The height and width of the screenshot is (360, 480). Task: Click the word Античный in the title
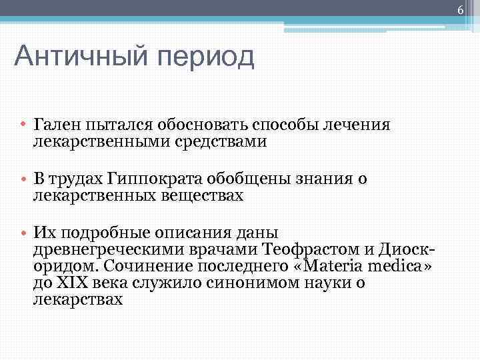coord(79,57)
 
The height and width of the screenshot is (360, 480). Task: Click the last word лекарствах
coord(78,299)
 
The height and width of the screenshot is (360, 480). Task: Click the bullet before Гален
coord(23,125)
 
